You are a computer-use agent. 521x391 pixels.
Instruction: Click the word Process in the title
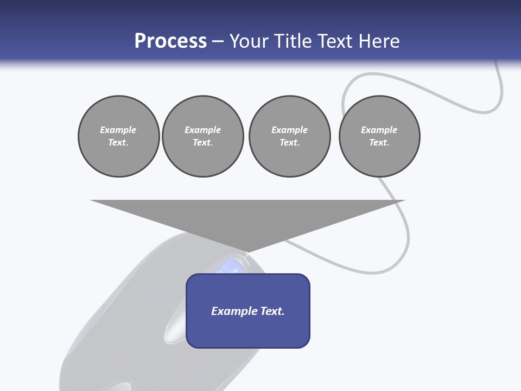click(x=170, y=41)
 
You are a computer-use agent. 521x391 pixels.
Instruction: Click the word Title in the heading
click(x=294, y=41)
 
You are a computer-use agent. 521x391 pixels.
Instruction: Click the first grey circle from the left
click(x=118, y=136)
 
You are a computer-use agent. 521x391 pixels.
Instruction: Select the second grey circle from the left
click(x=202, y=136)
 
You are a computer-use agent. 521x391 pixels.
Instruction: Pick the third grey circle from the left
click(x=289, y=136)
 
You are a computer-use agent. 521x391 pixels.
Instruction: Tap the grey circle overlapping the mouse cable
click(x=379, y=136)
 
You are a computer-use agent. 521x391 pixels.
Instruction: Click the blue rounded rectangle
click(x=248, y=311)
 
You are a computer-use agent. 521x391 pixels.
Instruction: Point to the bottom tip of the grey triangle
click(x=248, y=251)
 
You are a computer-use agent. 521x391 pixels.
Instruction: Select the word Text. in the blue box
click(x=271, y=311)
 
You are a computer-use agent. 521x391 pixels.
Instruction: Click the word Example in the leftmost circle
click(x=118, y=130)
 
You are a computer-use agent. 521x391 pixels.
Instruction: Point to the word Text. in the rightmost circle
click(x=379, y=142)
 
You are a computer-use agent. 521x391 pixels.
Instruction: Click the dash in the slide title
click(x=218, y=41)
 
